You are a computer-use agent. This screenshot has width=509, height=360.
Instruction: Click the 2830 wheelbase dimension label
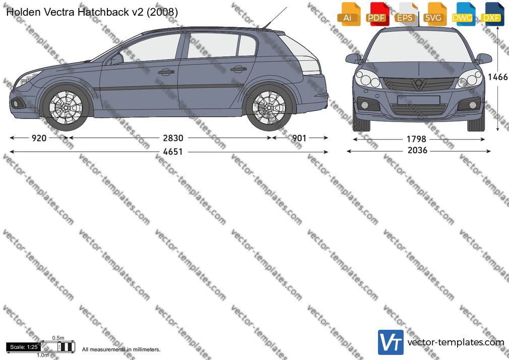[173, 138]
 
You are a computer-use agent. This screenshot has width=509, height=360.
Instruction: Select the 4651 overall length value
[173, 152]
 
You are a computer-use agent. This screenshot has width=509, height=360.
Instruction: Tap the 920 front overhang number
[39, 138]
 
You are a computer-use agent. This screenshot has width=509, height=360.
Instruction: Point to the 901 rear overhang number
[299, 138]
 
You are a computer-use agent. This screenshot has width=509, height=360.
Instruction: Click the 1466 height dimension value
[497, 77]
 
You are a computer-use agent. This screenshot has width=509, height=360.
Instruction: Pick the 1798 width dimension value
[416, 139]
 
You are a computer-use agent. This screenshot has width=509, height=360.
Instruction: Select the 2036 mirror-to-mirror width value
[417, 150]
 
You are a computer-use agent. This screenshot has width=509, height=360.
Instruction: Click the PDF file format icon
[377, 14]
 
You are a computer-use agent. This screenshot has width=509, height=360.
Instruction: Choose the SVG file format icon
[434, 14]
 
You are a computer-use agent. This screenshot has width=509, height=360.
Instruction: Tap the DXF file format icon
[493, 14]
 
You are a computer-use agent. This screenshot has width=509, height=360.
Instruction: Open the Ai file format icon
[349, 14]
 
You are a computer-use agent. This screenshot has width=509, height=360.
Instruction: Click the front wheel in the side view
[66, 107]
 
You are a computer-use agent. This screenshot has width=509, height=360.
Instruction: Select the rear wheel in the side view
[269, 107]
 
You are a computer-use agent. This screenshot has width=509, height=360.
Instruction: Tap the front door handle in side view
[166, 72]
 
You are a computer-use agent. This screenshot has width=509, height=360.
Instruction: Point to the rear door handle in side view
[238, 69]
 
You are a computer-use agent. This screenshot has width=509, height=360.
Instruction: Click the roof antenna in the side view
[275, 18]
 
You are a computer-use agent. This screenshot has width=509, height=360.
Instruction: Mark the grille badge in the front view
[419, 85]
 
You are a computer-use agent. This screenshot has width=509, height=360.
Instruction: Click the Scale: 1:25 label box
[24, 347]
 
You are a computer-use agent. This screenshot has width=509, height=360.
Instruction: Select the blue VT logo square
[391, 342]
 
